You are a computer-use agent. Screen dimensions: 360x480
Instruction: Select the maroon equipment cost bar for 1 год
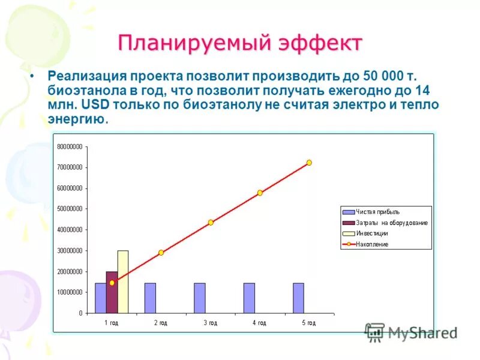pyautogui.click(x=112, y=292)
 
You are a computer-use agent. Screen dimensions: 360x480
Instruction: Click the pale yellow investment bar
pyautogui.click(x=123, y=281)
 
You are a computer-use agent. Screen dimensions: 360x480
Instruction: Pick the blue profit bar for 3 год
pyautogui.click(x=200, y=298)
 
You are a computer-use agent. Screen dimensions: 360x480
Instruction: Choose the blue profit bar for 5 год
pyautogui.click(x=299, y=298)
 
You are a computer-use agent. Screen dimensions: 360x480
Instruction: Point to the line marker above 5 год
pyautogui.click(x=309, y=163)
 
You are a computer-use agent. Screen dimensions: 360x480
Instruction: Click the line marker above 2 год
pyautogui.click(x=161, y=253)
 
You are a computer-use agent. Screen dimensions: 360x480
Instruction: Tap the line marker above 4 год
pyautogui.click(x=260, y=193)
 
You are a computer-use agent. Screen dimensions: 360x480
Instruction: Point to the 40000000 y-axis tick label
pyautogui.click(x=70, y=230)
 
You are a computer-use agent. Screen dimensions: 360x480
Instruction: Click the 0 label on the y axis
pyautogui.click(x=80, y=313)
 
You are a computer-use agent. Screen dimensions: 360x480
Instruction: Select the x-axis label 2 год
pyautogui.click(x=160, y=323)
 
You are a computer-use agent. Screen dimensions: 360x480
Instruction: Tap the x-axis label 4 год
pyautogui.click(x=259, y=323)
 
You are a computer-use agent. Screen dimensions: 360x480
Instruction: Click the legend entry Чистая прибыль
pyautogui.click(x=377, y=212)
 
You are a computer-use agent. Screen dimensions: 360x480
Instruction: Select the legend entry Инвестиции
pyautogui.click(x=372, y=233)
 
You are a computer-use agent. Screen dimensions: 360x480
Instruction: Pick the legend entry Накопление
pyautogui.click(x=372, y=244)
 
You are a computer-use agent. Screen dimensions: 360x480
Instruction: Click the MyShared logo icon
pyautogui.click(x=375, y=332)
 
